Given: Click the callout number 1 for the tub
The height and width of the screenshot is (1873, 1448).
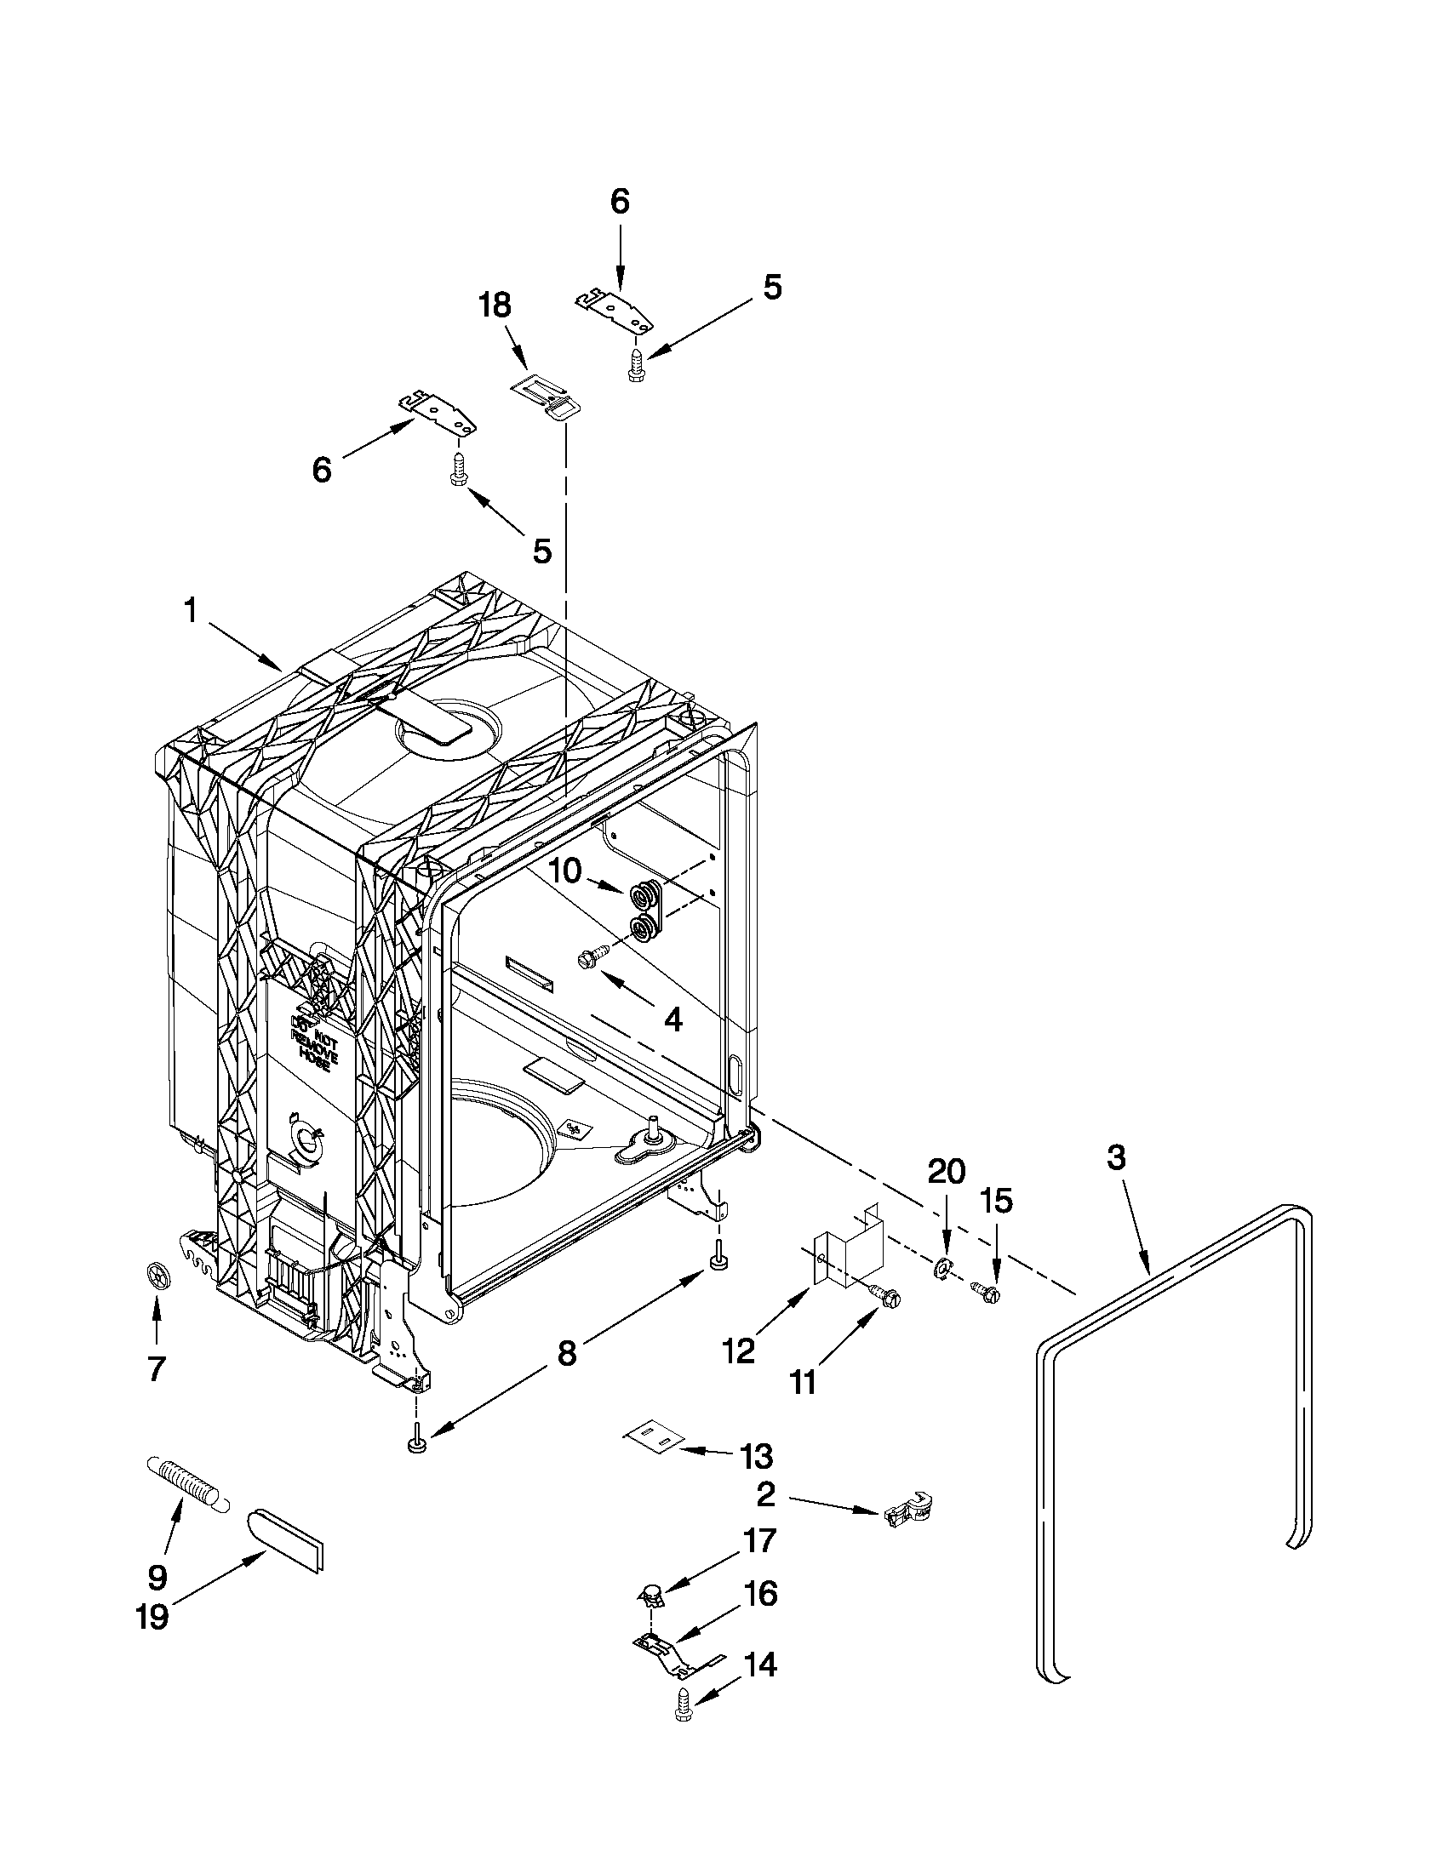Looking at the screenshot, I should point(191,612).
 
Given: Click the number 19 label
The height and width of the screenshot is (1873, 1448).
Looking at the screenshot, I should point(152,1618).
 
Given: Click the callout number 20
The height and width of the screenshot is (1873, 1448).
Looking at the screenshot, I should point(946,1171).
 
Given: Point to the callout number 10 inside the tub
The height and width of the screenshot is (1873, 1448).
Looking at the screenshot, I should point(565,871).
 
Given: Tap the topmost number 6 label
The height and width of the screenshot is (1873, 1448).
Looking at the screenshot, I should point(620,202).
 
